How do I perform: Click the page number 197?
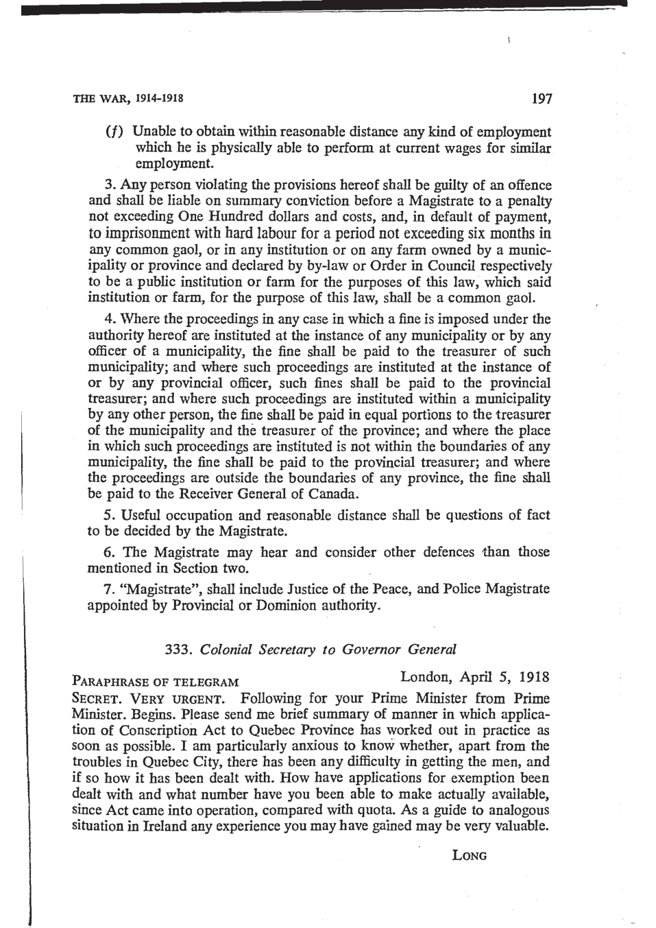pyautogui.click(x=541, y=99)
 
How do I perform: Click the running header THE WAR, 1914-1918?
pyautogui.click(x=127, y=99)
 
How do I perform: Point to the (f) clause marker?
pyautogui.click(x=114, y=132)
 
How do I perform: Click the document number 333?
pyautogui.click(x=178, y=650)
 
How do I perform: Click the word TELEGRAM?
pyautogui.click(x=206, y=682)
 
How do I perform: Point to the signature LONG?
pyautogui.click(x=470, y=856)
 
